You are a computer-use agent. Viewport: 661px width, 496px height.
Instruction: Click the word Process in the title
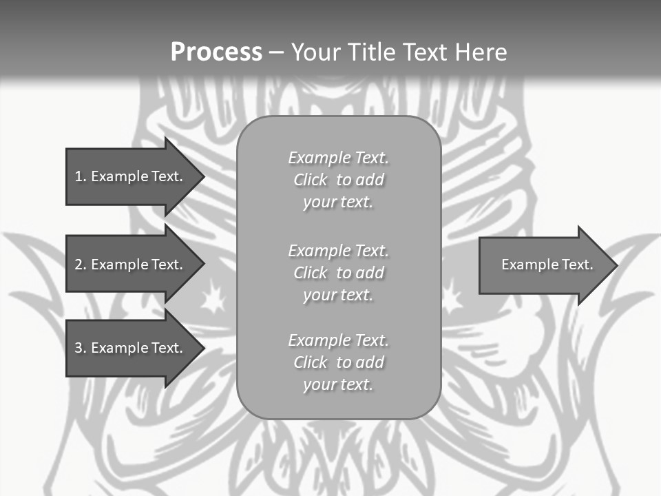point(216,52)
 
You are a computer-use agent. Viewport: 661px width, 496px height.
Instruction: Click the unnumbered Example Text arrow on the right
point(544,265)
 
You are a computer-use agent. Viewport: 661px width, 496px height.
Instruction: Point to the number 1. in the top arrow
point(81,176)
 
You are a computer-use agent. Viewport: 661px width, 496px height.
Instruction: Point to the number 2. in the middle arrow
point(81,265)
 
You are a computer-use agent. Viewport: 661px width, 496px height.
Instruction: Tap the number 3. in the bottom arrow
point(81,348)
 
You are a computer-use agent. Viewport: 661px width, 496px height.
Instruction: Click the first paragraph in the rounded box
point(338,180)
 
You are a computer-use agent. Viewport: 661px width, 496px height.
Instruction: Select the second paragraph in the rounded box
point(338,273)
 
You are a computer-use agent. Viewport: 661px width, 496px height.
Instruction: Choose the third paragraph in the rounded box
point(338,362)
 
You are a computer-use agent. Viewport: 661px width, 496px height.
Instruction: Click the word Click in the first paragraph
point(311,180)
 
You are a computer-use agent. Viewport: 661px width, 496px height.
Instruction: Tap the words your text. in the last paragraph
point(337,384)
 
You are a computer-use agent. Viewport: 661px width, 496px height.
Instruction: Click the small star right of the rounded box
point(452,298)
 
